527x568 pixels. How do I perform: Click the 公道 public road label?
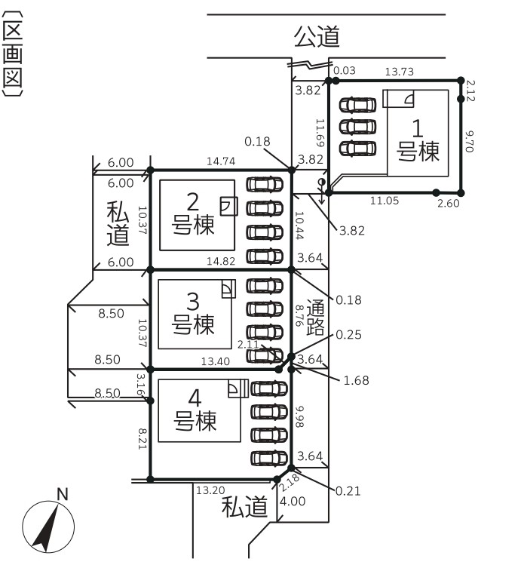(x=317, y=37)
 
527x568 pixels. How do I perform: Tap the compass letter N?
(x=63, y=494)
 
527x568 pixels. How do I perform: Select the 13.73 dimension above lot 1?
(x=399, y=72)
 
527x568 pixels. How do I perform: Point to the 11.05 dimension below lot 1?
(x=385, y=201)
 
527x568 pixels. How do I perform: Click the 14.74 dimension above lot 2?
(x=221, y=161)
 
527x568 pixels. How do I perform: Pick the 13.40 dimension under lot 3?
(x=216, y=361)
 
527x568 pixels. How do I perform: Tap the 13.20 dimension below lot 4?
(x=210, y=490)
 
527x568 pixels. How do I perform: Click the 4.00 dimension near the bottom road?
(x=293, y=501)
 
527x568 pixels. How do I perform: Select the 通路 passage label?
(x=315, y=318)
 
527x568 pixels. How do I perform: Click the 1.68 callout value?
(x=356, y=380)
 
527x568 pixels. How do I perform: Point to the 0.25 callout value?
(x=348, y=334)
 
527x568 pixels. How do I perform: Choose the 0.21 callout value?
(x=348, y=491)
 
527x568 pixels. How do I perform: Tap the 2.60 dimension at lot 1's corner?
(x=448, y=203)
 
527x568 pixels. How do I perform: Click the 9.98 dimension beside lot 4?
(x=299, y=416)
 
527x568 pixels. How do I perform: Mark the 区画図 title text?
(x=12, y=54)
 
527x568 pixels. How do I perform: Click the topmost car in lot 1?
(x=357, y=105)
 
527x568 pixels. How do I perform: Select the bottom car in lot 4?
(x=269, y=458)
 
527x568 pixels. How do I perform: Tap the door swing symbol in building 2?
(x=228, y=206)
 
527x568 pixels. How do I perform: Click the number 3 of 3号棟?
(x=193, y=302)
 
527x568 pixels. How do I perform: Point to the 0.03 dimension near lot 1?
(x=345, y=70)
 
